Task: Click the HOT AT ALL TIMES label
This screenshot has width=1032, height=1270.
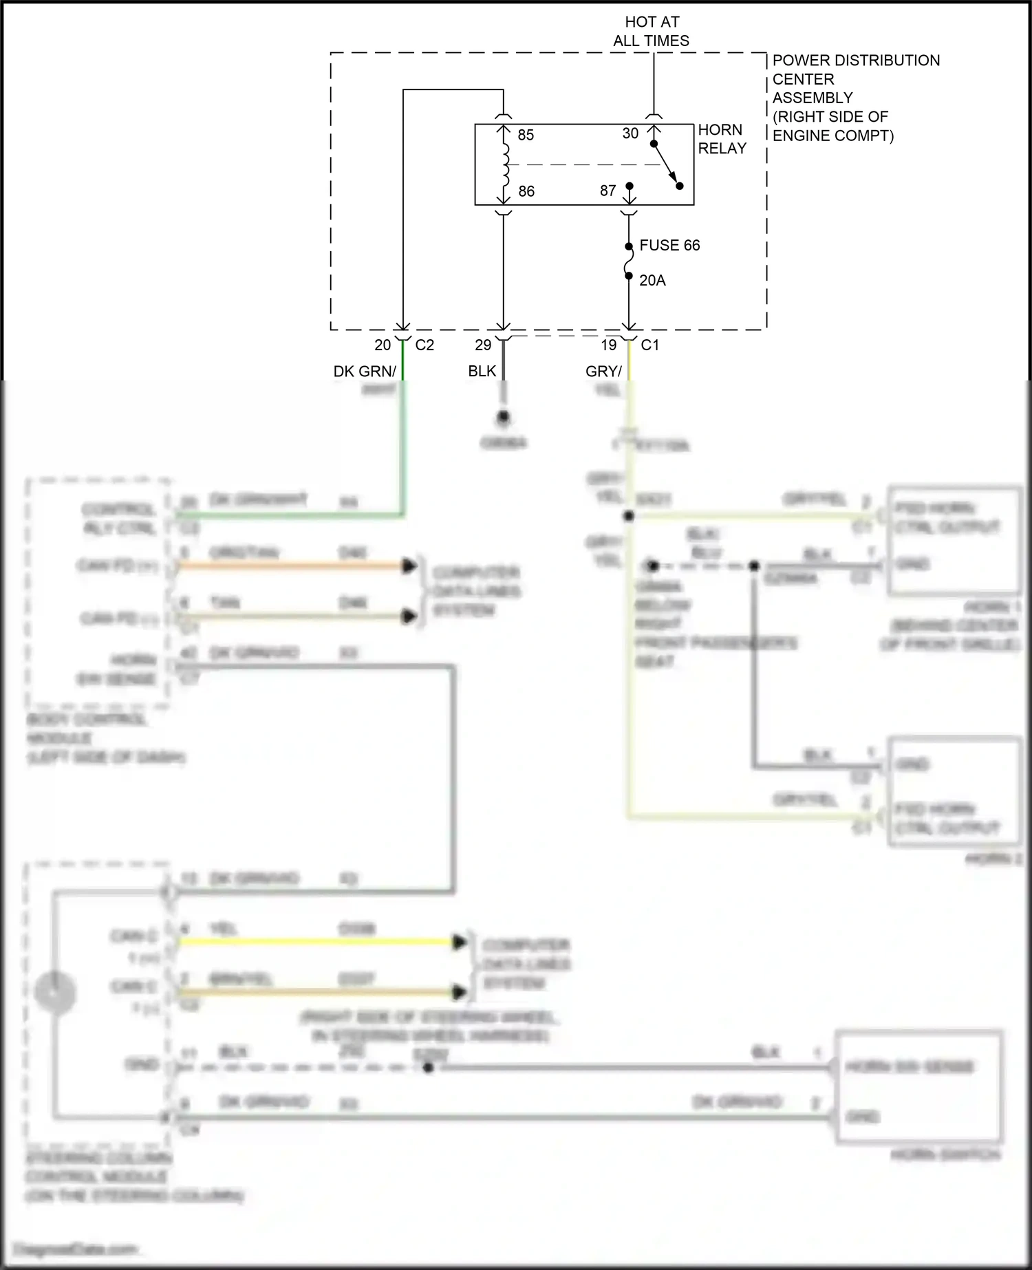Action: point(651,32)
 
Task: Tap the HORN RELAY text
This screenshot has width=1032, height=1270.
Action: point(722,139)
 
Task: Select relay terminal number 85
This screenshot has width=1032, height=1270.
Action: point(526,135)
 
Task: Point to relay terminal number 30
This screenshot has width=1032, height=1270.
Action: point(630,133)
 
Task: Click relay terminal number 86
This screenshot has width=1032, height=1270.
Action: point(526,191)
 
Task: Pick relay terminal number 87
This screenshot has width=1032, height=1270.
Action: point(608,191)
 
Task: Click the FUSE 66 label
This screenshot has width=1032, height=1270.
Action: point(669,246)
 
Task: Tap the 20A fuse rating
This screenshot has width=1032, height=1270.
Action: point(652,281)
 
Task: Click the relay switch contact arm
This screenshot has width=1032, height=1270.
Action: point(666,165)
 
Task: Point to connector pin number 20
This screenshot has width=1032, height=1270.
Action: point(383,345)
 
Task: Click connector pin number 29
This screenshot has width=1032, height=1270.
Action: point(483,345)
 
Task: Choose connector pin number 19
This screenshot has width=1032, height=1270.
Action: point(609,345)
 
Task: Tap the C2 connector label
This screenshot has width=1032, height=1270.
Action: point(424,345)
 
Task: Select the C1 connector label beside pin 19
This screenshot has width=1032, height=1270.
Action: point(650,345)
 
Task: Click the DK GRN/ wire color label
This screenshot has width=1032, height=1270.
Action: point(365,372)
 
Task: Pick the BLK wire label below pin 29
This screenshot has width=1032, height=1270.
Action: point(482,372)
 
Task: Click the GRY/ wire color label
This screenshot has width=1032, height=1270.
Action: point(603,372)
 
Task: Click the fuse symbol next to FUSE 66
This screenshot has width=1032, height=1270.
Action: point(628,261)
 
